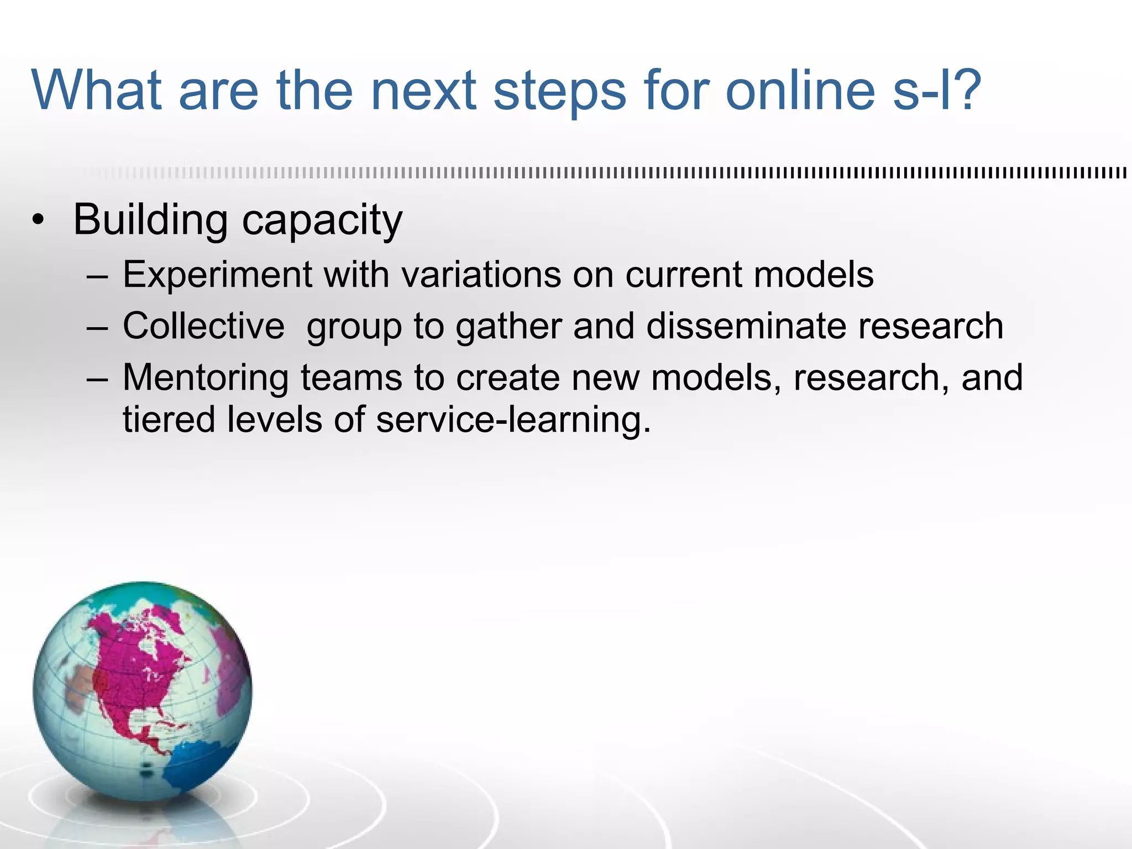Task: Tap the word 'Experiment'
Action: [x=217, y=275]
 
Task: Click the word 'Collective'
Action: [x=203, y=326]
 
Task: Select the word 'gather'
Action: [x=508, y=326]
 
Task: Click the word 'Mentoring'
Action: [x=206, y=378]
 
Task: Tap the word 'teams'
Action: [x=351, y=378]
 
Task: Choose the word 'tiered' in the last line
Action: [x=169, y=420]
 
